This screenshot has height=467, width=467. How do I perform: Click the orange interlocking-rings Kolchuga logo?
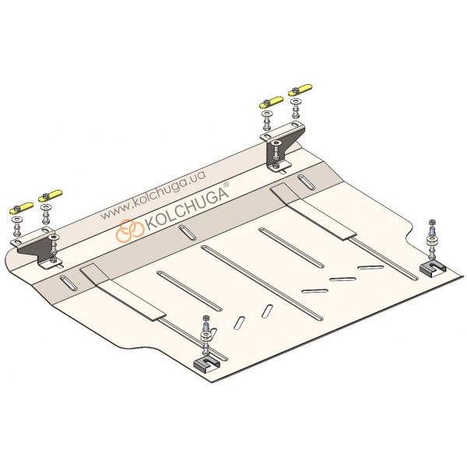coord(131,230)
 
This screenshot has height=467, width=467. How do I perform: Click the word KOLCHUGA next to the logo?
coord(186,209)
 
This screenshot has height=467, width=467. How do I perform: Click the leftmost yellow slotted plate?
coord(22,208)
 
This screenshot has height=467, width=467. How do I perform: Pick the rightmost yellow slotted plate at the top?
coord(300,90)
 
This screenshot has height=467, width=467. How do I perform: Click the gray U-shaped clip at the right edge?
coord(433,268)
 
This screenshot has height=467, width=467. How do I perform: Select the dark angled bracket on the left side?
coord(37,249)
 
